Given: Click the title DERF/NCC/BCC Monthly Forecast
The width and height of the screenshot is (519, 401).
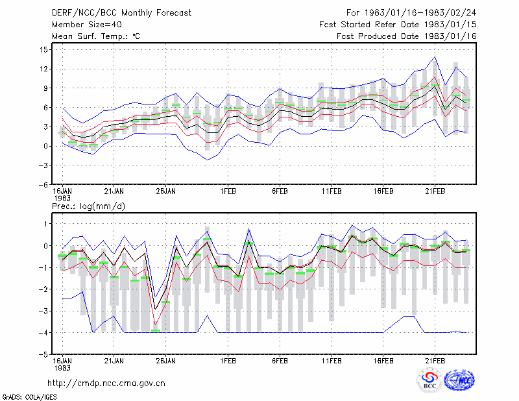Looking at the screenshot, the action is pos(121,13).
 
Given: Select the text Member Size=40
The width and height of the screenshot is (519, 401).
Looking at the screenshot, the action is pos(87,25).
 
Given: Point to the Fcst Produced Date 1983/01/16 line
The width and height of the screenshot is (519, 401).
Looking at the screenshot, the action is pos(406,36).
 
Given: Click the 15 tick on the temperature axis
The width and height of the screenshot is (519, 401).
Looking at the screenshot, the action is pos(44,50).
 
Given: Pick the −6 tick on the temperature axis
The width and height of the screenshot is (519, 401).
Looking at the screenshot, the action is pos(43,185).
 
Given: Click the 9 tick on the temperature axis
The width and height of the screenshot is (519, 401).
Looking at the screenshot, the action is pos(45,88).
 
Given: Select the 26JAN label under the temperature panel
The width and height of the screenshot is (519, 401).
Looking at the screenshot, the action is pos(166,191).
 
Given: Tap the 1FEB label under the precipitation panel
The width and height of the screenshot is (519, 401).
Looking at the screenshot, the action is pos(228,361).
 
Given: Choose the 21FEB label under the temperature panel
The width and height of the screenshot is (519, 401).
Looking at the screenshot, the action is pos(435,191).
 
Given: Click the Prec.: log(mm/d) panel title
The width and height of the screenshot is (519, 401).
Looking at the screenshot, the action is pos(88,206).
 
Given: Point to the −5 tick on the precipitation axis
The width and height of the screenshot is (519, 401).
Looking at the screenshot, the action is pos(43,355).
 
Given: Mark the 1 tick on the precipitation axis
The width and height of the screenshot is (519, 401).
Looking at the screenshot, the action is pos(46,224).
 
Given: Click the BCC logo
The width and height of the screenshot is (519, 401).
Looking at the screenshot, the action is pos(429,380).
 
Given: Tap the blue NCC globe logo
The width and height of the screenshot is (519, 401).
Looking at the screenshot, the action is pos(459,380).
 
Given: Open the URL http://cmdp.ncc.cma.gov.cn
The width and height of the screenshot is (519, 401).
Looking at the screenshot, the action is pos(106,383).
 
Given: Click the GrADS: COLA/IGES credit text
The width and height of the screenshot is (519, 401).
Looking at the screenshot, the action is pos(29,397).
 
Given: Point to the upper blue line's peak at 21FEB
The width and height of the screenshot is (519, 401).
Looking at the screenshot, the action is pos(435,56).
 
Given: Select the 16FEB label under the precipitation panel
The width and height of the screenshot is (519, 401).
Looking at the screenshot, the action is pos(383,361).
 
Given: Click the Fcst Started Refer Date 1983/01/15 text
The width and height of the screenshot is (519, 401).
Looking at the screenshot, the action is pos(398,25).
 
